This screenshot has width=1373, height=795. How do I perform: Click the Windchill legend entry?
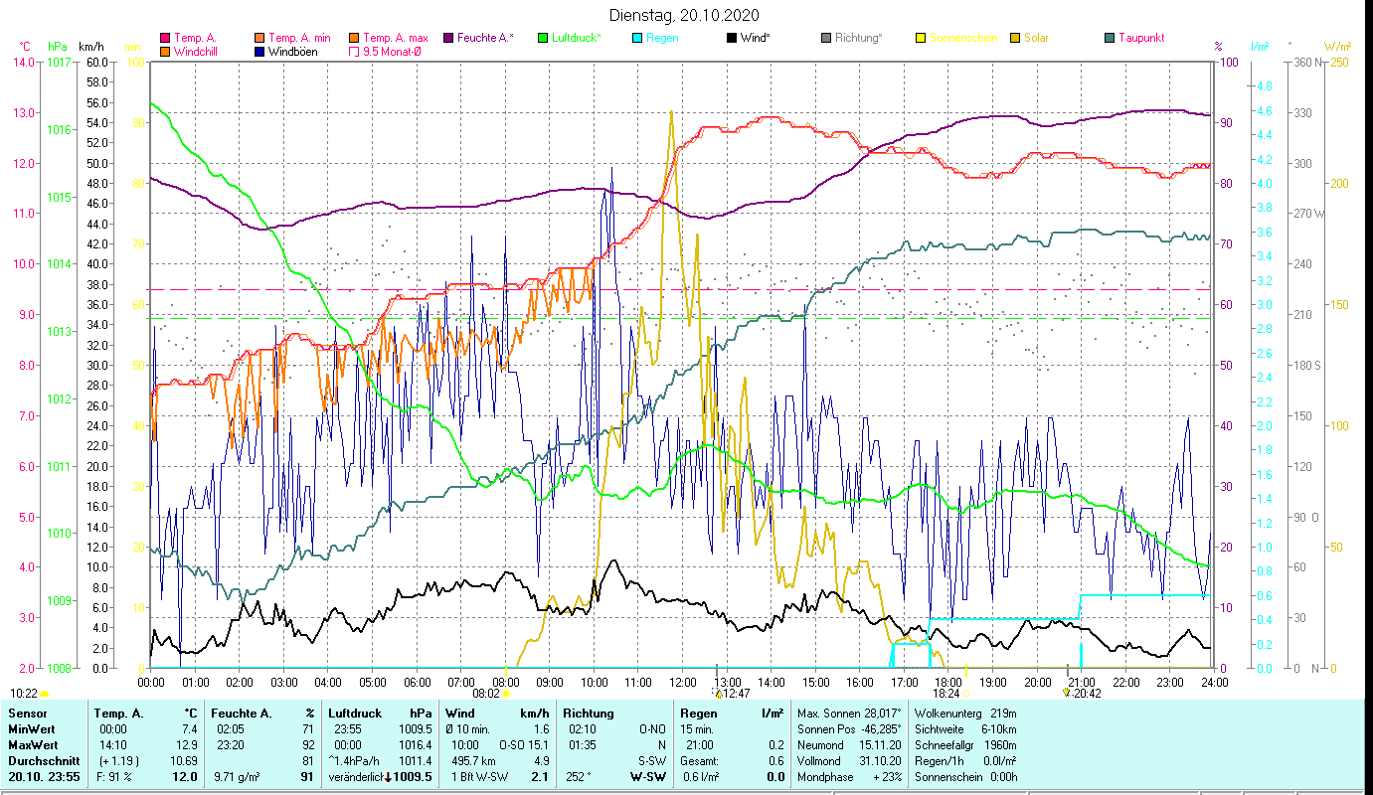(196, 51)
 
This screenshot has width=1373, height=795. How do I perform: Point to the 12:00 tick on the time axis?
(682, 682)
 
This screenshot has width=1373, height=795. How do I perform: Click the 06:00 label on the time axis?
(417, 682)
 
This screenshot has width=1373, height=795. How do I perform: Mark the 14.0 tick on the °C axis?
(22, 62)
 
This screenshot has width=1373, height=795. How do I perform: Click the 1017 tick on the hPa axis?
(58, 62)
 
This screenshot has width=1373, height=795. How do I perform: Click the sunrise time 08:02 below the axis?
(485, 694)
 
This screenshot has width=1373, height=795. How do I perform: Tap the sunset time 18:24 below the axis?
(945, 694)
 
